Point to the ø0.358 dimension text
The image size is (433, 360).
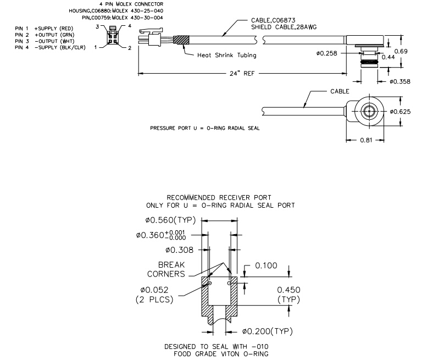click(401, 81)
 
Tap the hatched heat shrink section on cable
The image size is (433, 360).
click(181, 40)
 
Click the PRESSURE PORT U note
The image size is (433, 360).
click(204, 128)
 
